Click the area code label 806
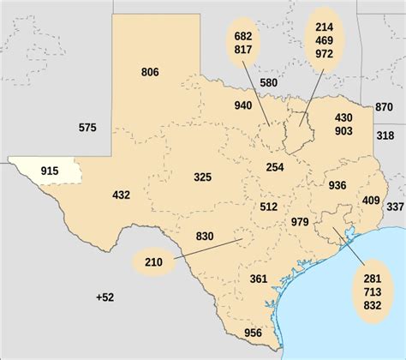pos(150,72)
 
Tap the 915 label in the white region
pos(50,171)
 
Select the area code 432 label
pos(121,195)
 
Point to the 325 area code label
pos(202,177)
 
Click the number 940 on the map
pos(243,105)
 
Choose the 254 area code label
pos(275,167)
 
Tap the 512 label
pos(268,206)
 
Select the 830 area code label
pos(205,236)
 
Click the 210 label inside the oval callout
pos(154,261)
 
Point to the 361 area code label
pos(259,279)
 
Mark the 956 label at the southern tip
pos(253,333)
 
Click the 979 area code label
pos(300,222)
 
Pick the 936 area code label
pos(337,185)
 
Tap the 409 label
pos(371,201)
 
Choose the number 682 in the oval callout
pos(242,35)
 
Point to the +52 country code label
pos(104,297)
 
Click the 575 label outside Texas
pos(87,128)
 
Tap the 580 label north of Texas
pos(268,82)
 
